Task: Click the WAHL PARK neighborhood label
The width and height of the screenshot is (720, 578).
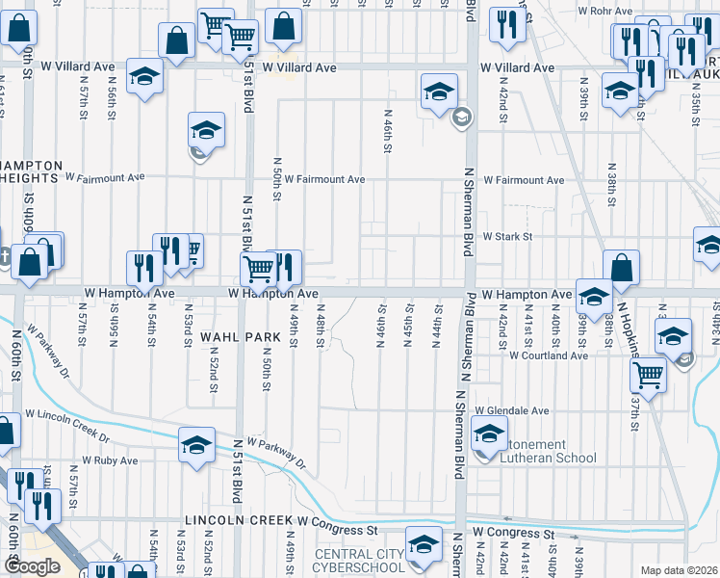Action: pyautogui.click(x=240, y=336)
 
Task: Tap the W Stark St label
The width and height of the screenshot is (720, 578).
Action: pyautogui.click(x=507, y=236)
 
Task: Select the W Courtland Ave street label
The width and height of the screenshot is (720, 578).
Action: pyautogui.click(x=549, y=355)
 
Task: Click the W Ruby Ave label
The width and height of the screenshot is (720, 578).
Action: pyautogui.click(x=111, y=460)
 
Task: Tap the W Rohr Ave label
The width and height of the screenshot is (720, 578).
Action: pyautogui.click(x=604, y=11)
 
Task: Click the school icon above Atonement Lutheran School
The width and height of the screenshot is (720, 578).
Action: pyautogui.click(x=490, y=433)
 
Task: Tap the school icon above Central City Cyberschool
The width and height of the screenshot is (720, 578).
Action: pyautogui.click(x=422, y=544)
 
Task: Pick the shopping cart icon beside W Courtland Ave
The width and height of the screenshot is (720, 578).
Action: pyautogui.click(x=649, y=374)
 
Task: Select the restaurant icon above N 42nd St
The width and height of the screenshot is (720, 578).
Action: pyautogui.click(x=505, y=24)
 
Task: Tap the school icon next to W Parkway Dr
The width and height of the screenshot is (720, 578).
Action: pyautogui.click(x=196, y=444)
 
